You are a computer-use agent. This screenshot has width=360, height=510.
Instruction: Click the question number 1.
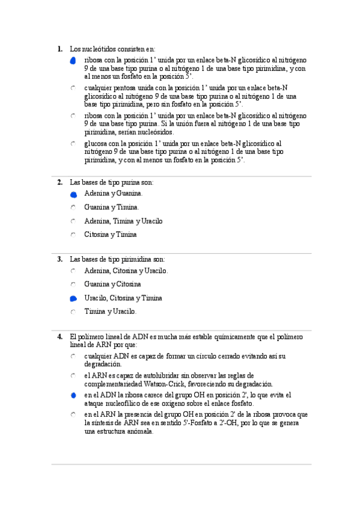[59, 49]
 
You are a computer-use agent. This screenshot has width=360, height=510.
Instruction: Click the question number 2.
[59, 182]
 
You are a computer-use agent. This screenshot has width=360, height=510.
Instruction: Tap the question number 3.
[59, 259]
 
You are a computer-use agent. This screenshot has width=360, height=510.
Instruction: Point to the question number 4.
[59, 337]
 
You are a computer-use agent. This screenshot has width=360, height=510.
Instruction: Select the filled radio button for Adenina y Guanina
[73, 194]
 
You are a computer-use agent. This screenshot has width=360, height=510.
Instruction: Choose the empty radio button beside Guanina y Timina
[73, 207]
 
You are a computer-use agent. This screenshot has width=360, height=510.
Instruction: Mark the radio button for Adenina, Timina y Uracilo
[73, 221]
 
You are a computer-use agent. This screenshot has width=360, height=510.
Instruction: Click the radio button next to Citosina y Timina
[73, 235]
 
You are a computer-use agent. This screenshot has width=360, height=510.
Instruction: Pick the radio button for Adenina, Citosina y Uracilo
[73, 271]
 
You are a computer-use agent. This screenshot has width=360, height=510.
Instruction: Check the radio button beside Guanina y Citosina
[73, 284]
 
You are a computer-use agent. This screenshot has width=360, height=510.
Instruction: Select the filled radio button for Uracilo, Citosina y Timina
[73, 298]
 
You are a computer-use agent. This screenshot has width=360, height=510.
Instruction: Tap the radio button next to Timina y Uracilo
[73, 312]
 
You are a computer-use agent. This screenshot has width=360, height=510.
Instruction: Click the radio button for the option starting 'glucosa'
[73, 144]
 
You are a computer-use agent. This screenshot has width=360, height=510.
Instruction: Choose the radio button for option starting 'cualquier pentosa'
[73, 88]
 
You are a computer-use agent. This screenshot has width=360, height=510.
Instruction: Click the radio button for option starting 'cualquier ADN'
[73, 357]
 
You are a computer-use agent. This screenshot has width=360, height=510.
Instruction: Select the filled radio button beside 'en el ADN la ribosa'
[73, 395]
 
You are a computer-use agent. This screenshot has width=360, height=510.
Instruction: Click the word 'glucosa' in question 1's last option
[96, 144]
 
